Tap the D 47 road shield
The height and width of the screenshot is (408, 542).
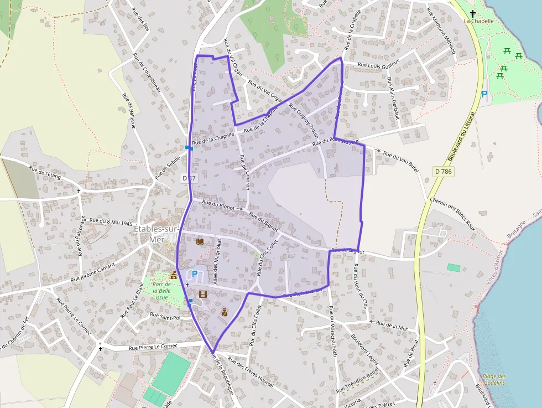189,178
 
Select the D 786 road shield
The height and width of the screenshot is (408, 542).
444,172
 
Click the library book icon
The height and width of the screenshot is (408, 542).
200,241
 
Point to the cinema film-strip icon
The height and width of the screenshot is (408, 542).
202,294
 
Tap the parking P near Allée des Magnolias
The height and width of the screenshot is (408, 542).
194,274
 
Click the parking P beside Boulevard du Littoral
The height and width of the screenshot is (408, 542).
484,94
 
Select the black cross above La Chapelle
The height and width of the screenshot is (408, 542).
472,13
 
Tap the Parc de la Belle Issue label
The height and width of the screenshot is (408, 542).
160,291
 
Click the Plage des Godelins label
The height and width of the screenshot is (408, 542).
493,379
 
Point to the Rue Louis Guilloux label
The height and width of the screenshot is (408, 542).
379,65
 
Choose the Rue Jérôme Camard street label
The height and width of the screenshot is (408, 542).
92,272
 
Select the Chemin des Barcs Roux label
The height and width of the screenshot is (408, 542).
452,211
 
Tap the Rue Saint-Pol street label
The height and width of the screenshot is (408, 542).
165,317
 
